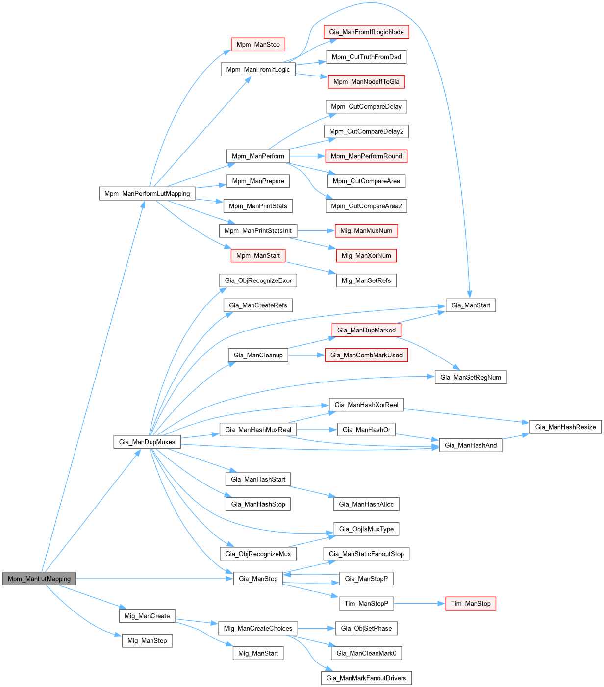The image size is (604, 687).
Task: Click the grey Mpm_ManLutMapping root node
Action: click(x=39, y=579)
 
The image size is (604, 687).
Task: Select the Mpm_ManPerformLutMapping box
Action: click(x=147, y=193)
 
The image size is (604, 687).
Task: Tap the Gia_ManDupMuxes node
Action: click(x=147, y=442)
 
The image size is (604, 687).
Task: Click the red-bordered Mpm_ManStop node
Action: click(x=258, y=44)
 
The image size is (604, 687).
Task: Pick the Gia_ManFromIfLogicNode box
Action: click(x=366, y=32)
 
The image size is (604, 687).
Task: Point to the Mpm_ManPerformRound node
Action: click(x=366, y=156)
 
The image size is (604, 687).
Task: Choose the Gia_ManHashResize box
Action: click(x=565, y=427)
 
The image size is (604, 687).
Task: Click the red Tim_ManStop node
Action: click(x=471, y=603)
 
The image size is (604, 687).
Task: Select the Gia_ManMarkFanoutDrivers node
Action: click(x=366, y=678)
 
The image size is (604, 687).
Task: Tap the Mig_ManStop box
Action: click(x=147, y=640)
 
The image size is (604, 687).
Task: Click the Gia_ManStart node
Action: click(x=471, y=305)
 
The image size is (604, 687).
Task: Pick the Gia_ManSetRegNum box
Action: click(x=471, y=377)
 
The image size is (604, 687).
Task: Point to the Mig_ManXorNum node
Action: click(x=366, y=255)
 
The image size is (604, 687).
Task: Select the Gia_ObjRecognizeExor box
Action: click(x=258, y=280)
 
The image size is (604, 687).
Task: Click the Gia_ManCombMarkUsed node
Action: click(x=366, y=355)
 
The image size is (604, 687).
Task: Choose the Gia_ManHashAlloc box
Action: click(x=366, y=504)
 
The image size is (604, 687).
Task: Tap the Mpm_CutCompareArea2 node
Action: click(x=366, y=206)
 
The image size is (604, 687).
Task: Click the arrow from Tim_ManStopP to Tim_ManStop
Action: click(x=419, y=604)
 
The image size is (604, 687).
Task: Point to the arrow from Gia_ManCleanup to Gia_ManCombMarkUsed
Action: click(x=306, y=355)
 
